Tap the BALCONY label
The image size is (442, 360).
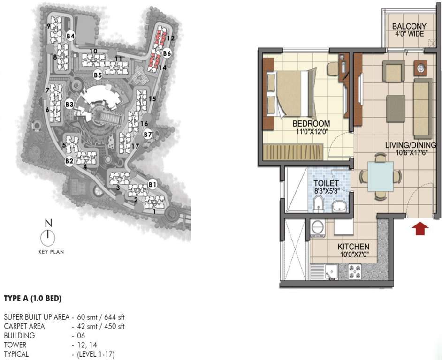click(x=409, y=26)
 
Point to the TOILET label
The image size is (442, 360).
click(x=327, y=183)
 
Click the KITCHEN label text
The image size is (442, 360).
click(x=353, y=247)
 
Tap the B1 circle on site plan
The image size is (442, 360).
click(x=152, y=184)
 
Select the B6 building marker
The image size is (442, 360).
click(x=167, y=53)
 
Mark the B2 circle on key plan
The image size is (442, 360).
click(x=69, y=161)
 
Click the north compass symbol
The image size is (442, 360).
click(x=48, y=238)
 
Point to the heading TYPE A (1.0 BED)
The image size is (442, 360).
click(x=33, y=298)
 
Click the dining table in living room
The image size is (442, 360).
click(x=381, y=176)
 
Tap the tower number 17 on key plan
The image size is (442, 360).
click(x=135, y=146)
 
